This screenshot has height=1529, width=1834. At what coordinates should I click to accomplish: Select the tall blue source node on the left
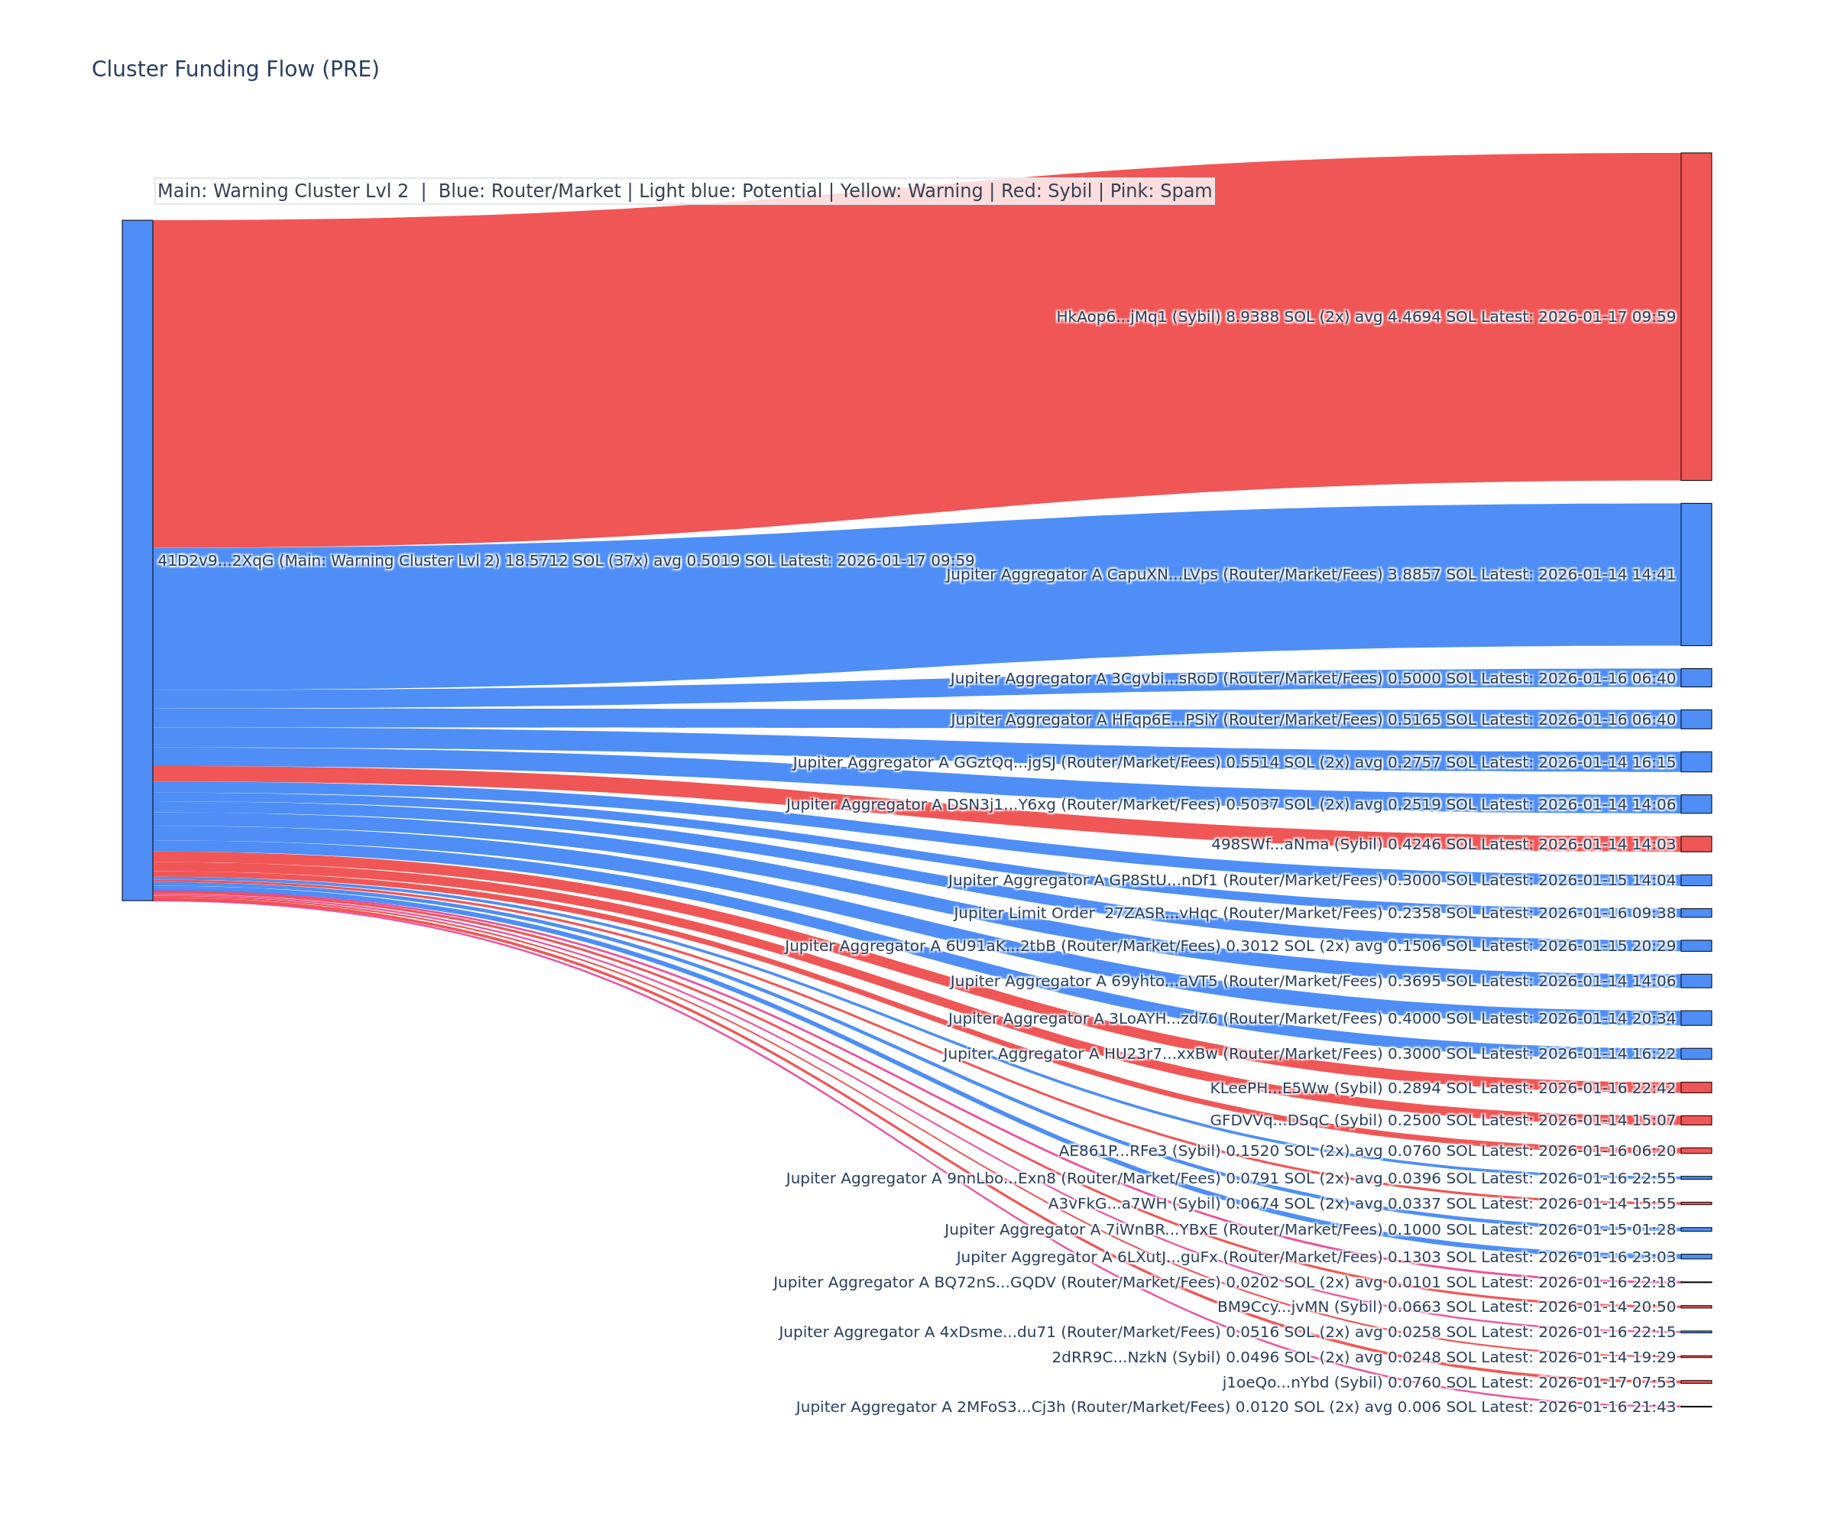click(137, 559)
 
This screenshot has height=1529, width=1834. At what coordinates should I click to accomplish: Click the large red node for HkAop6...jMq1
click(1695, 317)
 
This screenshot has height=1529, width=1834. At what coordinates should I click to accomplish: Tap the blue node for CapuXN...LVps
click(1695, 574)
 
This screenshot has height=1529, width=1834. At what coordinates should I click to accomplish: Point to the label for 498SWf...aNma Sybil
click(1443, 844)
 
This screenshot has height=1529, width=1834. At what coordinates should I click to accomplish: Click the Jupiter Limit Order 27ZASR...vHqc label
click(1314, 913)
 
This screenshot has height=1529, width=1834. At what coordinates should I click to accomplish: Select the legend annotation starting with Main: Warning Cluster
click(684, 191)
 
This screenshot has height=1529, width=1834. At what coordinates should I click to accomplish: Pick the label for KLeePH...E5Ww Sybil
click(1442, 1088)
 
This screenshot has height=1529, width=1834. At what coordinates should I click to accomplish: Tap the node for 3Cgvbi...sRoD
click(1695, 678)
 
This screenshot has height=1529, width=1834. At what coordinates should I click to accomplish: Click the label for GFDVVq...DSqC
click(1442, 1120)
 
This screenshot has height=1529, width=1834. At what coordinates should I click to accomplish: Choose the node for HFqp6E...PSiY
click(1695, 719)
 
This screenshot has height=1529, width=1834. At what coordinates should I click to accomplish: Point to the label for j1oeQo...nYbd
click(1448, 1382)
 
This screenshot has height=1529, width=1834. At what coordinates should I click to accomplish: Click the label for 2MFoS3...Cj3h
click(1235, 1407)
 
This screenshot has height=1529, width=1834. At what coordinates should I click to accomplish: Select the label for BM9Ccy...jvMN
click(1447, 1307)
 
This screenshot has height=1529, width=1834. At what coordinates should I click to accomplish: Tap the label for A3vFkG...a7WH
click(1362, 1203)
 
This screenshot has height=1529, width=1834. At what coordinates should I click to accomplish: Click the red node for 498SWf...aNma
click(1695, 843)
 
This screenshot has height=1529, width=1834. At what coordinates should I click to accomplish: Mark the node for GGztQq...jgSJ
click(1695, 762)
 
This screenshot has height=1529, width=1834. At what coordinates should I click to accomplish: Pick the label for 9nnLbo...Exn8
click(1230, 1179)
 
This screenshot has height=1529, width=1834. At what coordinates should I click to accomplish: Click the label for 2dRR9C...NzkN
click(1363, 1357)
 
